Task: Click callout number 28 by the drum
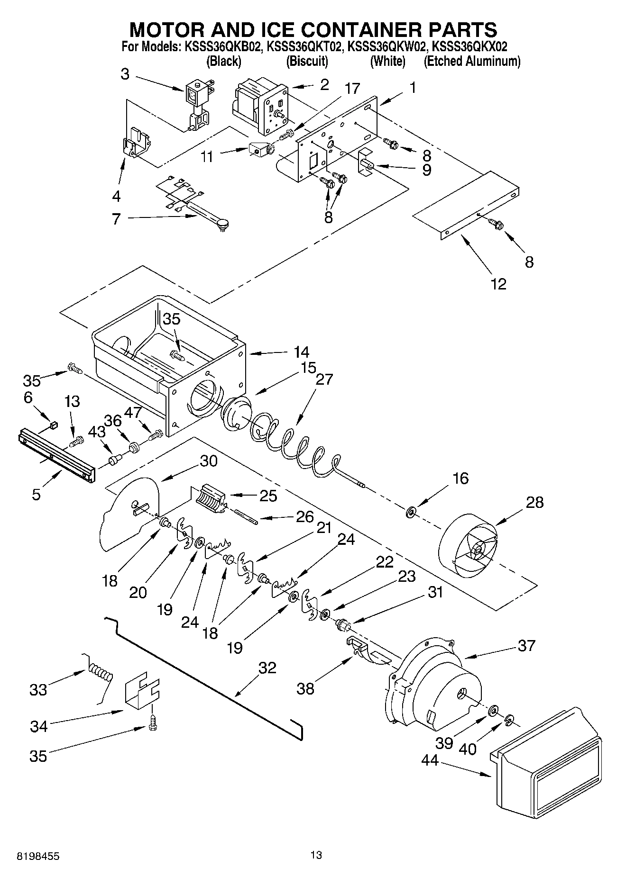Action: coord(534,502)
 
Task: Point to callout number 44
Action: coord(430,760)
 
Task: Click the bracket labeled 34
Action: coord(141,693)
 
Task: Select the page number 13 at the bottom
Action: coord(316,855)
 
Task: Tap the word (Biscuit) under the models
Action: coord(307,61)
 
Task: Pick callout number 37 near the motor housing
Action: coord(526,645)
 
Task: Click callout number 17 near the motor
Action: coord(352,88)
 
